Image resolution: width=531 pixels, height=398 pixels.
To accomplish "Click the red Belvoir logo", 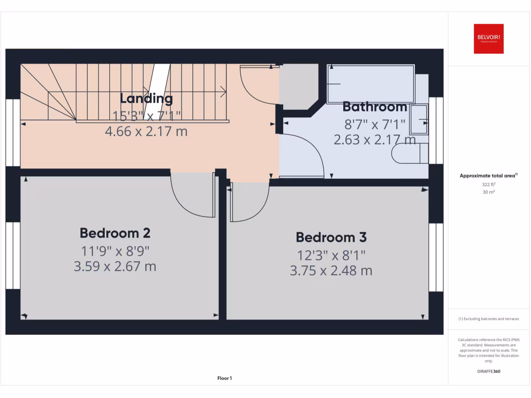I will [x=488, y=38].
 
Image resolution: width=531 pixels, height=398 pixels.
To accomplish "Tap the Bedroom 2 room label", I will [x=115, y=233].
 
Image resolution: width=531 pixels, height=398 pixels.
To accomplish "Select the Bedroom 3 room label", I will [x=331, y=237].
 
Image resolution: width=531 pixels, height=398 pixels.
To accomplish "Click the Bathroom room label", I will [x=375, y=107].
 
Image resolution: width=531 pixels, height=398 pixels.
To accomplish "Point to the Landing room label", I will [x=146, y=98].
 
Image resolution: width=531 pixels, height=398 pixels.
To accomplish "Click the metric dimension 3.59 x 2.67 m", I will [x=115, y=266].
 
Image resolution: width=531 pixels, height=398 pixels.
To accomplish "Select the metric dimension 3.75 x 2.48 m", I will [x=331, y=271].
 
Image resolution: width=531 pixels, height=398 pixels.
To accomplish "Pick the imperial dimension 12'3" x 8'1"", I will [x=331, y=254].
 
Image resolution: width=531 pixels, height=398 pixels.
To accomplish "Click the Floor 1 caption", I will [x=225, y=379].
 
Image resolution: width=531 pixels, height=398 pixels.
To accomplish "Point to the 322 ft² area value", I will [x=488, y=184].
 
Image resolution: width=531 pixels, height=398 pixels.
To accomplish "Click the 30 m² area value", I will [x=488, y=192].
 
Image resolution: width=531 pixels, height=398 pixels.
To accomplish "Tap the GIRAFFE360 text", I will [x=488, y=371].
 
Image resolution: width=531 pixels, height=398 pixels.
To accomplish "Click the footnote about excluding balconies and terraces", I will [x=488, y=319].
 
